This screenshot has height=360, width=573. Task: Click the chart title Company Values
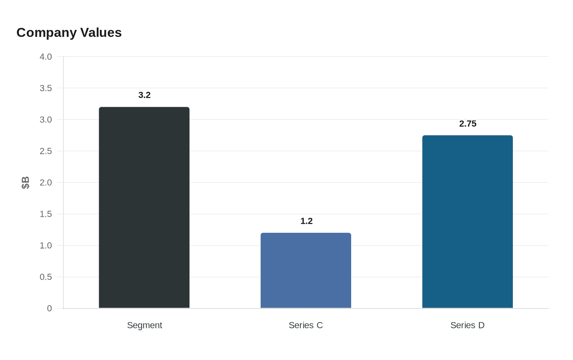(69, 33)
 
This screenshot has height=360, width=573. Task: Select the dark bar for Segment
(144, 208)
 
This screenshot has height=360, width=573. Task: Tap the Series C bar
(306, 270)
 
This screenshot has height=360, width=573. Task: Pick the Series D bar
(467, 222)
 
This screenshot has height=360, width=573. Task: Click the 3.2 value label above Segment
(144, 95)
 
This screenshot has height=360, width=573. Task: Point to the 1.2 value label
(307, 221)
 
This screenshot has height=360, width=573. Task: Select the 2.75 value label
(468, 124)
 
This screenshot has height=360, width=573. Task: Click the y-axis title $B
(25, 182)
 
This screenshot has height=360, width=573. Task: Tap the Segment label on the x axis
(144, 325)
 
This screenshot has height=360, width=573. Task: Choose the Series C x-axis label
(306, 325)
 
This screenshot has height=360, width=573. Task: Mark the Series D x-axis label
(467, 325)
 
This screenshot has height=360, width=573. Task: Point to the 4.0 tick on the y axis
(46, 56)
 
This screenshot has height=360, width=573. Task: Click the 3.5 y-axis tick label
(46, 88)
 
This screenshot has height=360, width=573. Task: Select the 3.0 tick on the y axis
(46, 119)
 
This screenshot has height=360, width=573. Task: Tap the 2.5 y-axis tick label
(46, 151)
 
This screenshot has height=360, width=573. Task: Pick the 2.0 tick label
(46, 182)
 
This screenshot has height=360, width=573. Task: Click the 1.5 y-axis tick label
(46, 214)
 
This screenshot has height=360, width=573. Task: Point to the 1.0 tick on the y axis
(46, 245)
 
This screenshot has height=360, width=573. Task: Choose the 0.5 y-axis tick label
(46, 277)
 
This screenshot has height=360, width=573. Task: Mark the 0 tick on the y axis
(50, 308)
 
